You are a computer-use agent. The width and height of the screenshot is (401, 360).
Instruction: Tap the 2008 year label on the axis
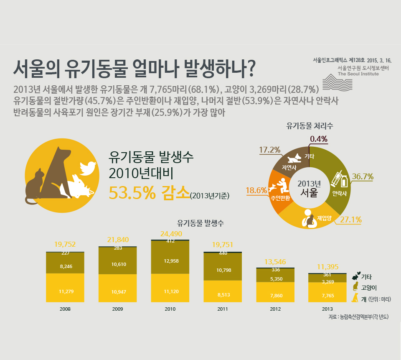[x=65, y=309]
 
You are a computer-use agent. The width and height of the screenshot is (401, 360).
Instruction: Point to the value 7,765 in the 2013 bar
[x=327, y=295]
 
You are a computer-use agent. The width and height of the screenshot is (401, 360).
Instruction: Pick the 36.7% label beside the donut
[x=363, y=176]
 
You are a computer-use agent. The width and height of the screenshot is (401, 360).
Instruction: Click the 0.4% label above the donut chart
[x=318, y=139]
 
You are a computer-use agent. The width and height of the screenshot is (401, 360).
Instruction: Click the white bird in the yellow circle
[x=88, y=168]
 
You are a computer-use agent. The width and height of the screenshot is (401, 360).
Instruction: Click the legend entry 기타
[x=366, y=277]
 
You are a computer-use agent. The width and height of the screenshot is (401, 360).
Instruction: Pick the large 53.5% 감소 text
[x=148, y=193]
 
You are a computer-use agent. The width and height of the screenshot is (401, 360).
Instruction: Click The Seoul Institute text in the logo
[x=358, y=74]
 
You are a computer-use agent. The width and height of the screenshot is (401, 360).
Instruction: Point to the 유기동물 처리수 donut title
[x=310, y=125]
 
